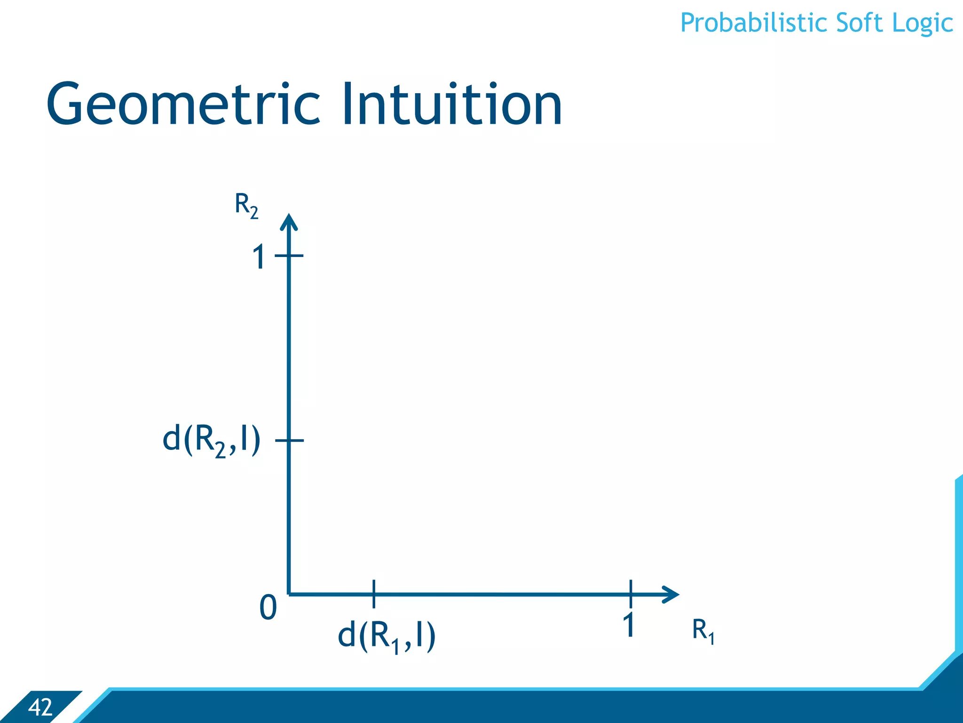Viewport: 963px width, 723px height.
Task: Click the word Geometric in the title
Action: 183,104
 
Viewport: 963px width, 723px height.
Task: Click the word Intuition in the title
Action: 451,104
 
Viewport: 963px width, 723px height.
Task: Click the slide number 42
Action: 40,707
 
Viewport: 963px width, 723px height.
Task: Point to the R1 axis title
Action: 703,630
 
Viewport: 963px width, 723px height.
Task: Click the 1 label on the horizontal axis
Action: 629,625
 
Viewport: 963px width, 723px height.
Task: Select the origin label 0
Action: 268,608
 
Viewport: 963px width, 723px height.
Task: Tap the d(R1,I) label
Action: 387,636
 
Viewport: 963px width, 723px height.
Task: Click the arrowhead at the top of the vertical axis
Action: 289,221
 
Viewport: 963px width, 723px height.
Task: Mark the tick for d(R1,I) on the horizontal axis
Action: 374,594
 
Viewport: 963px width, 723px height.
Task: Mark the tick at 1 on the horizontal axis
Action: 631,594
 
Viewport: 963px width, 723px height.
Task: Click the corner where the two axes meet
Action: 289,594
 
